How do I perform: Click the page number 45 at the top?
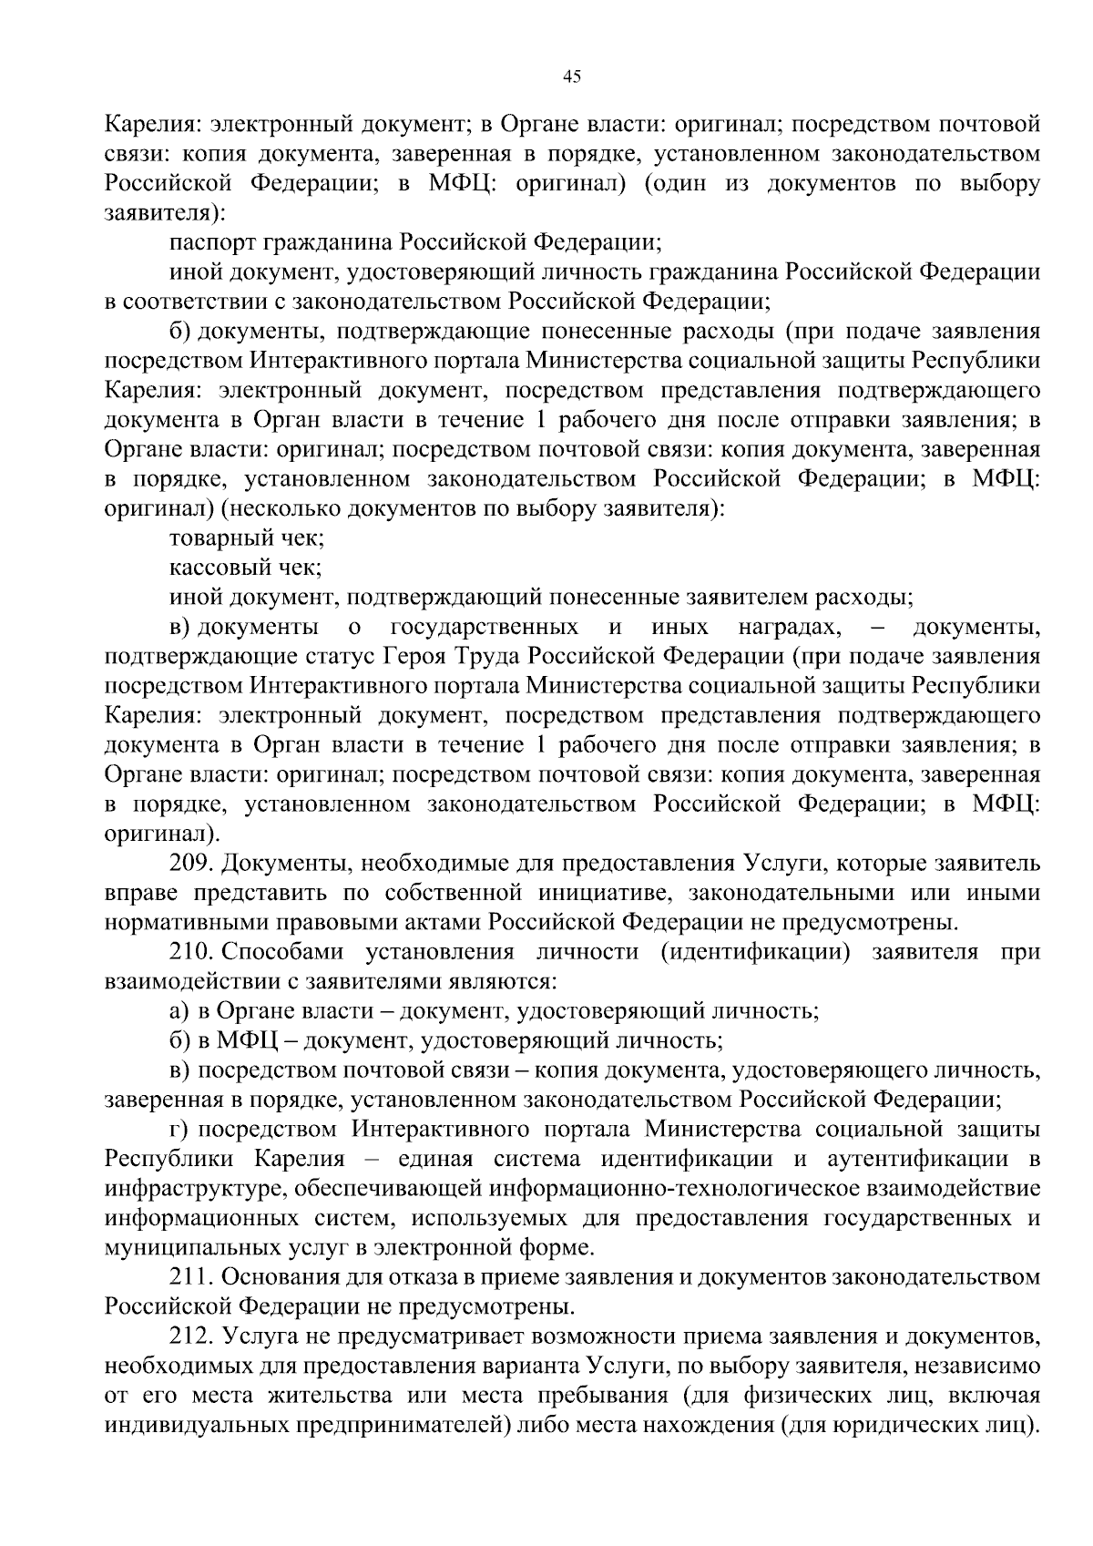tap(572, 77)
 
